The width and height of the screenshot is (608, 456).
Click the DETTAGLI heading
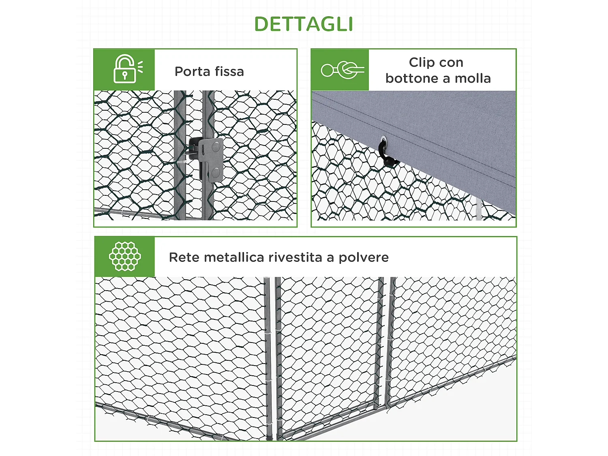[x=304, y=24]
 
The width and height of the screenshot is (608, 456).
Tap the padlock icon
[x=125, y=69]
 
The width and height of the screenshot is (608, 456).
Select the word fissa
[x=229, y=71]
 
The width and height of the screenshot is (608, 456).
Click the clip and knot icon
[x=342, y=70]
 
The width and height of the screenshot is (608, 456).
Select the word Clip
[x=422, y=62]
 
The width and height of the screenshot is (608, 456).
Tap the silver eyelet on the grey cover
[x=383, y=140]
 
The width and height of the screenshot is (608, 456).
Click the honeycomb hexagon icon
[x=125, y=256]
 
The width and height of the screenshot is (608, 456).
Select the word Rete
[x=184, y=257]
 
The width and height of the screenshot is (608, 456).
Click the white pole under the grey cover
[x=479, y=209]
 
